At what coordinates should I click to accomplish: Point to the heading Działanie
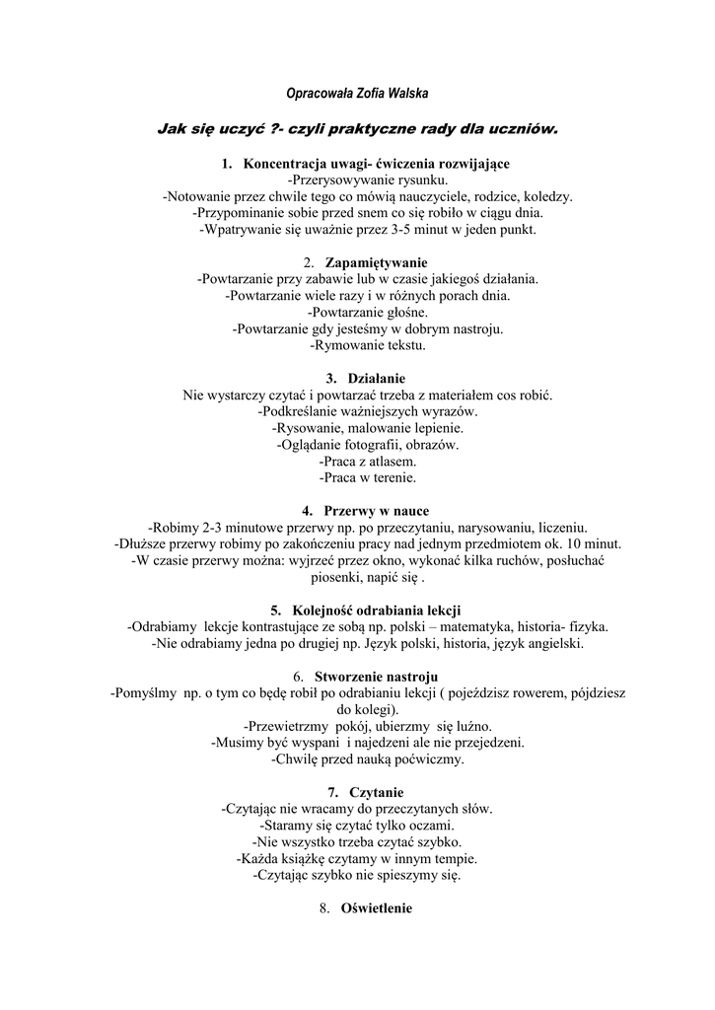click(377, 379)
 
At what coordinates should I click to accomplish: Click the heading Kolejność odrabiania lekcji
click(377, 610)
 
